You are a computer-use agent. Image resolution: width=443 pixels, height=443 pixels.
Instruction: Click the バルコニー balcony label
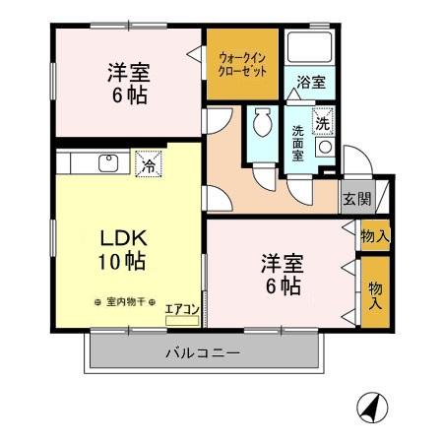[x=202, y=352]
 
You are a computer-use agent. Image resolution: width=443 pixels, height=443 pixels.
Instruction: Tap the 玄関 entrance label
[x=356, y=199]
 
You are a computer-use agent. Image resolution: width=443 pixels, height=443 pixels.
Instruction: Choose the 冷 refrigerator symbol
[x=147, y=164]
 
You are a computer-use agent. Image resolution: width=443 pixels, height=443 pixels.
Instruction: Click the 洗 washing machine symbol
[x=321, y=124]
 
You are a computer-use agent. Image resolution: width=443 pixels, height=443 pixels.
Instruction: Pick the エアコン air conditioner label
[x=182, y=310]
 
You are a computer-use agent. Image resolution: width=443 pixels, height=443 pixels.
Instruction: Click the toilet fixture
[x=262, y=125]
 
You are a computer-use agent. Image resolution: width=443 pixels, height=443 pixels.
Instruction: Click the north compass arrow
[x=371, y=406]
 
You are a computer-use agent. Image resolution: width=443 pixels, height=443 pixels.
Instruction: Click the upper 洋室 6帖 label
[x=128, y=84]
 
